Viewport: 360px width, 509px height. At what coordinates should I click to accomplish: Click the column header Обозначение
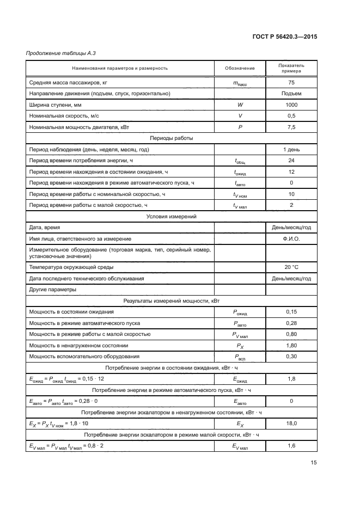point(240,68)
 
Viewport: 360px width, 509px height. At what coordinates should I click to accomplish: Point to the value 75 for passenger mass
point(291,82)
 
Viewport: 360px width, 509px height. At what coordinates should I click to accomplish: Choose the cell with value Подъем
point(291,93)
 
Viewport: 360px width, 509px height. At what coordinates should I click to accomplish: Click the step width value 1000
point(291,105)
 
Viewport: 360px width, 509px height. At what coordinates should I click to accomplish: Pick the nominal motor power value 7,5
point(291,127)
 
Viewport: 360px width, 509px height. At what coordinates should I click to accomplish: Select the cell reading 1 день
point(291,149)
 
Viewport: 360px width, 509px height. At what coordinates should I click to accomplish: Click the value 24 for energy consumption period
point(291,160)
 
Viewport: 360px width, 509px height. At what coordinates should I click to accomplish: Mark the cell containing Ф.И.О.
point(291,238)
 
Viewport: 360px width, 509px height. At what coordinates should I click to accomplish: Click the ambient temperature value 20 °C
point(291,267)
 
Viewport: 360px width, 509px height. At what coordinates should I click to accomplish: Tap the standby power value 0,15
point(291,311)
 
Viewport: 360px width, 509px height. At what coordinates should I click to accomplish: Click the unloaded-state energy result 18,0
point(291,423)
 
